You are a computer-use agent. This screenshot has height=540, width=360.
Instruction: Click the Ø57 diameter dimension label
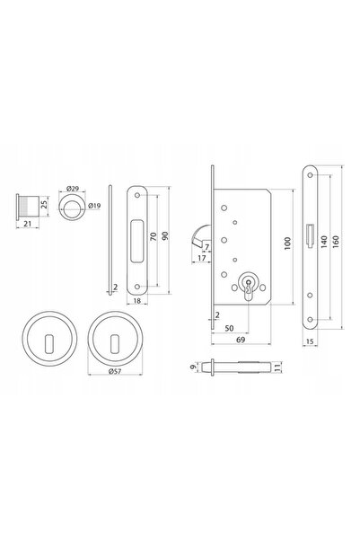[x=115, y=371]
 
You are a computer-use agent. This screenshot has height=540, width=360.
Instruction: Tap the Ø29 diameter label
[x=73, y=189]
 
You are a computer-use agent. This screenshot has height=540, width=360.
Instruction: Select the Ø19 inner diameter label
[x=94, y=206]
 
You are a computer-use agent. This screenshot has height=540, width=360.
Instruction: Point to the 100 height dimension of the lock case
[x=287, y=243]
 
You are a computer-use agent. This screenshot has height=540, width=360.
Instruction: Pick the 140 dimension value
[x=324, y=242]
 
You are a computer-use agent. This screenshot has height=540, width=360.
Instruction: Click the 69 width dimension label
[x=241, y=340]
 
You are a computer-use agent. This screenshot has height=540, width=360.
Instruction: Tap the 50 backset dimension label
[x=229, y=328]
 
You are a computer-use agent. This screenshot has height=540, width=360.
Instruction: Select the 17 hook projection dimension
[x=202, y=258]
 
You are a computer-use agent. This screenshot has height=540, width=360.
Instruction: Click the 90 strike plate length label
[x=165, y=236]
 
